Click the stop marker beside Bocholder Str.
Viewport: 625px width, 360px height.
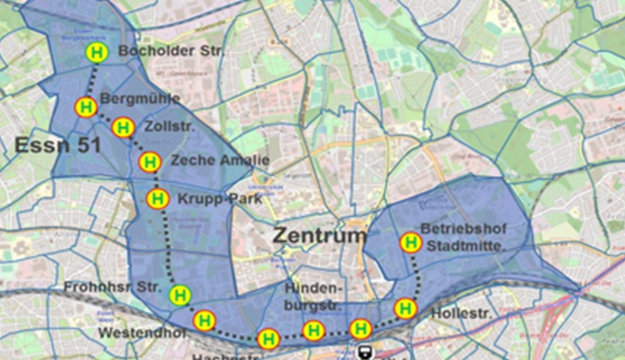click(x=97, y=52)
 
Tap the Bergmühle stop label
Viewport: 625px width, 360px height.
click(x=140, y=99)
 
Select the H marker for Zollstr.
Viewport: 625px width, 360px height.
click(x=123, y=127)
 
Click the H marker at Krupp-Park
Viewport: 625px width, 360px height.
click(x=158, y=199)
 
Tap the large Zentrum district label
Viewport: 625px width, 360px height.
click(x=319, y=235)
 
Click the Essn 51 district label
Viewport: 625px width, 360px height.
click(x=58, y=145)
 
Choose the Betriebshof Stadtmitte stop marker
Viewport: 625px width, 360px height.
click(x=410, y=243)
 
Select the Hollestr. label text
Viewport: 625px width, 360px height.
click(x=461, y=314)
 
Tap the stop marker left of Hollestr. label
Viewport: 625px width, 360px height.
click(x=405, y=308)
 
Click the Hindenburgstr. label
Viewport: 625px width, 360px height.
click(x=314, y=295)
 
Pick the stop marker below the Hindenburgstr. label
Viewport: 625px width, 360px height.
click(x=314, y=331)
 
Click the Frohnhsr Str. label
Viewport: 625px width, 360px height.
click(x=112, y=287)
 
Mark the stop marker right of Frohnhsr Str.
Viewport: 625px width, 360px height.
click(x=180, y=295)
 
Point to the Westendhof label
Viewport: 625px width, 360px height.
click(x=142, y=333)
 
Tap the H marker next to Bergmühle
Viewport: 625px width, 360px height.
click(x=85, y=107)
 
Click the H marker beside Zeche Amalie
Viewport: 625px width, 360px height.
click(x=149, y=162)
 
